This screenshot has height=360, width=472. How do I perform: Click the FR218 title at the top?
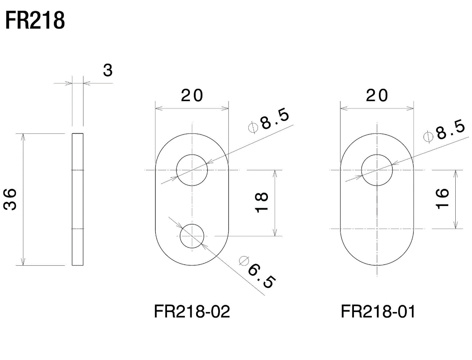click(35, 21)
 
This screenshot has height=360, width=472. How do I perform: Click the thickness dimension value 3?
click(108, 70)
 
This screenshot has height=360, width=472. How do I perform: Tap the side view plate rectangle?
click(78, 199)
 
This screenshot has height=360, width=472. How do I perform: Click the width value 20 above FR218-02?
click(192, 96)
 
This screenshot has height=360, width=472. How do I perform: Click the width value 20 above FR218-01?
click(377, 96)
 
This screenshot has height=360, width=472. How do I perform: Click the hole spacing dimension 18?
click(262, 203)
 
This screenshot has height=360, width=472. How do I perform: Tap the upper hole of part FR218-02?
click(192, 170)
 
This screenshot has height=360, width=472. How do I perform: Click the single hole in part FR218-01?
click(377, 170)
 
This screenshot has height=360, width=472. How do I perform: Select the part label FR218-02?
click(192, 312)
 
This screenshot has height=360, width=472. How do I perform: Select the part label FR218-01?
click(378, 312)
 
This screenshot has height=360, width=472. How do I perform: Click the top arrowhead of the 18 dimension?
click(275, 172)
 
